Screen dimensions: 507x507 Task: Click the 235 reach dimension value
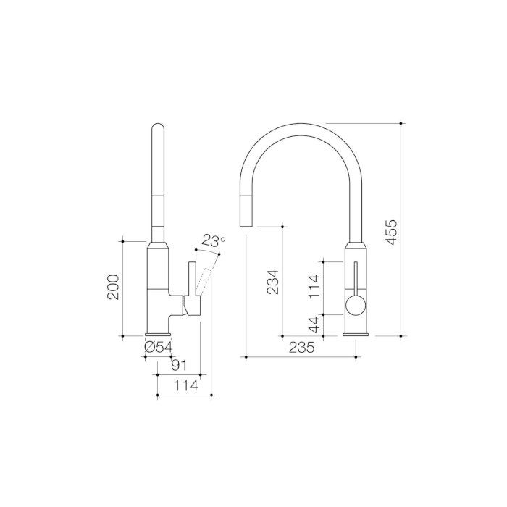tap(301, 348)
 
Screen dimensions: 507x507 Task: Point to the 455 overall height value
tap(390, 231)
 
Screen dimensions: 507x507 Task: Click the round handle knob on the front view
tap(355, 306)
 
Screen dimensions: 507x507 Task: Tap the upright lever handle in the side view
tap(192, 279)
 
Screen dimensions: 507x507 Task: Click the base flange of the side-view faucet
tap(159, 334)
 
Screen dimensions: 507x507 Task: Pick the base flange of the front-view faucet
tap(356, 334)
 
